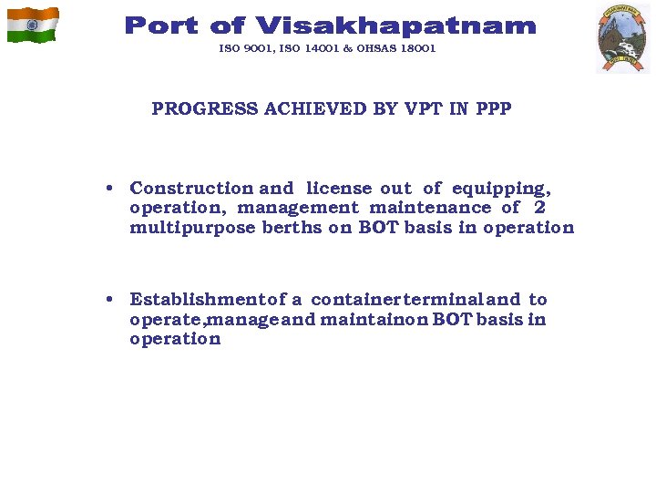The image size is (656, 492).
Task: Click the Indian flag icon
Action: (33, 25)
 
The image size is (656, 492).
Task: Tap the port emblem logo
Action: (622, 37)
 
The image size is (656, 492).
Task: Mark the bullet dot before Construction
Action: (108, 190)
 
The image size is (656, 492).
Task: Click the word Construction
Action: (191, 189)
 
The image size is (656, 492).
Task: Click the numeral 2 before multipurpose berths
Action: (540, 208)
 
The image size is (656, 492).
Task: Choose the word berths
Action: (292, 228)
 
